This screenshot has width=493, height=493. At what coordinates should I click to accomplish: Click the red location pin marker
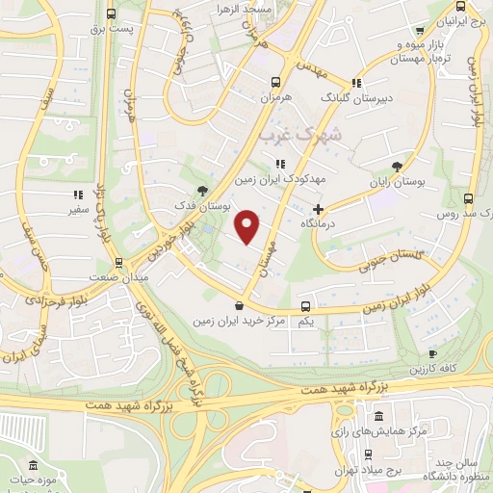click(x=248, y=226)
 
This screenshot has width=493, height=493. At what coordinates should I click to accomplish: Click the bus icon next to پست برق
click(x=113, y=13)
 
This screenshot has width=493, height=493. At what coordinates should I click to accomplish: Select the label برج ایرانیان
click(x=454, y=21)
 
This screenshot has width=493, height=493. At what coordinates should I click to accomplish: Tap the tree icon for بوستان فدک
click(x=201, y=191)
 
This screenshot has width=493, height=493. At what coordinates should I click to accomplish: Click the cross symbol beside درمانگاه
click(x=319, y=208)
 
